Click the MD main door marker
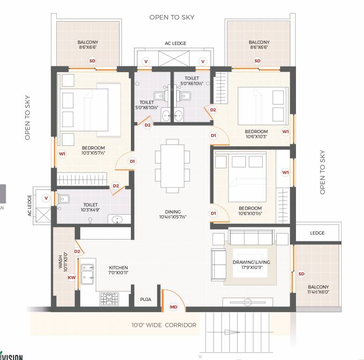click(174, 307)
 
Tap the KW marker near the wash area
click(72, 277)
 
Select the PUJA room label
click(145, 299)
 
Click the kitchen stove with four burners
click(109, 299)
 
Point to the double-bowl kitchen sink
click(86, 273)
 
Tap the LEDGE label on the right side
click(317, 233)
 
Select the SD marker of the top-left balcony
click(92, 61)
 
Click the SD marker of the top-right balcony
click(257, 61)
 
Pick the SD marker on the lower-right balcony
click(301, 274)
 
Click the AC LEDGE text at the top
click(175, 43)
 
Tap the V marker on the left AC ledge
click(46, 198)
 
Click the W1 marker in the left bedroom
click(62, 153)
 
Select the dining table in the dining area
click(172, 165)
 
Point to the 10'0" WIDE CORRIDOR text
click(164, 325)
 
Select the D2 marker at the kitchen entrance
click(77, 252)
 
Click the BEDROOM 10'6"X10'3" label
click(257, 134)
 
